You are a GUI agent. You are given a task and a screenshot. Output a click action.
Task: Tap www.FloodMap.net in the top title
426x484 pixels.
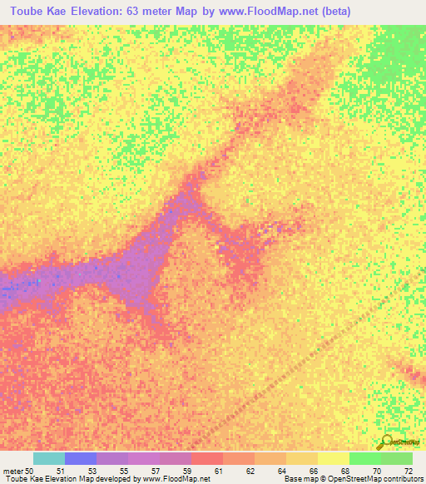point(270,11)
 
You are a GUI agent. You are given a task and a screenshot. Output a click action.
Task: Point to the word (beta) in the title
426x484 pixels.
point(332,11)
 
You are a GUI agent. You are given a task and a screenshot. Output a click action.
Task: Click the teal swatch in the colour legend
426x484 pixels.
point(49,458)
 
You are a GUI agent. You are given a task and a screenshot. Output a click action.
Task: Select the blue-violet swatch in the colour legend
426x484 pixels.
point(81,458)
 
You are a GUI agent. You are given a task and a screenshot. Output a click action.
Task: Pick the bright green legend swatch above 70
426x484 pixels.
point(365,458)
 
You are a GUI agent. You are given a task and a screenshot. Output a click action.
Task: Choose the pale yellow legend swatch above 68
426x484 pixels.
point(334,458)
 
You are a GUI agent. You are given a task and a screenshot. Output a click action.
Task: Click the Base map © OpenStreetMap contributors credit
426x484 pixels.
point(353,479)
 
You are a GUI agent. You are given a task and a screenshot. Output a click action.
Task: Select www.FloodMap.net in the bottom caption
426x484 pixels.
point(175,479)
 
